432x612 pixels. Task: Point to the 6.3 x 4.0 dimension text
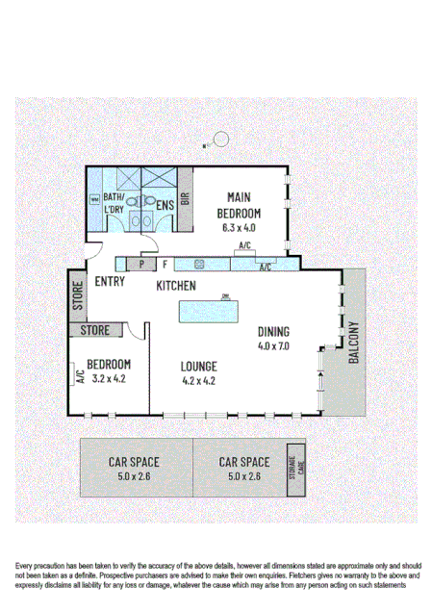point(239,228)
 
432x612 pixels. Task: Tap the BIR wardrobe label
point(186,200)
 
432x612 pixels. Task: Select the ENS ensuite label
point(165,204)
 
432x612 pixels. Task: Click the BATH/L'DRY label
point(114,202)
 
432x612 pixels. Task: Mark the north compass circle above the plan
point(221,139)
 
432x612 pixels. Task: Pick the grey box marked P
point(141,263)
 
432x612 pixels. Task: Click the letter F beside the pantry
point(165,263)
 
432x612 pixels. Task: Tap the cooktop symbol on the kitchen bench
point(201,263)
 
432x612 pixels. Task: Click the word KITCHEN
point(176,286)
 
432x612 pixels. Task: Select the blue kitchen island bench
point(211,312)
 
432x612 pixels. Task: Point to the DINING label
point(273,333)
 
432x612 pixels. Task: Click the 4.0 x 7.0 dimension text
point(273,345)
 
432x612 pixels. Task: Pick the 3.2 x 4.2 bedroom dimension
point(109,378)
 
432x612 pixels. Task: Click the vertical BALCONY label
point(353,342)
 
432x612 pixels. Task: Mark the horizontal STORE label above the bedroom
point(94,331)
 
